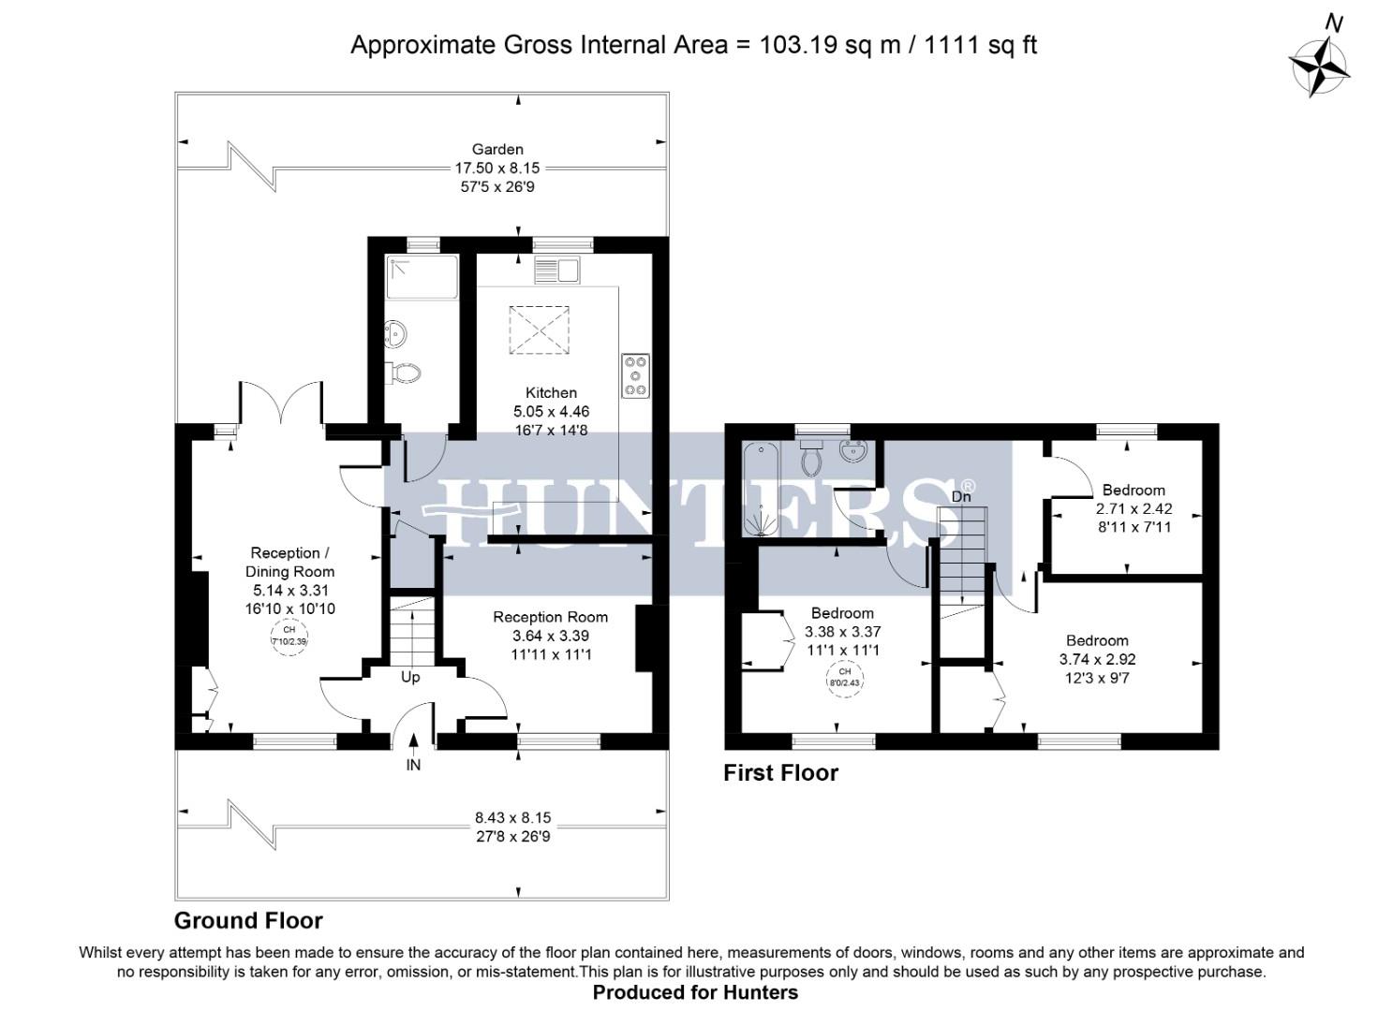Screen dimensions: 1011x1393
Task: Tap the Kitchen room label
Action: [x=551, y=393]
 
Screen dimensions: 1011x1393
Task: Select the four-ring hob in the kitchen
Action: [x=635, y=375]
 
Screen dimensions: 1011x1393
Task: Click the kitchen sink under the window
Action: [x=556, y=271]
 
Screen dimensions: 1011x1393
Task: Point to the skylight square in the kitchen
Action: [x=539, y=330]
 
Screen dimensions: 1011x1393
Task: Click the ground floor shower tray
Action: [x=422, y=276]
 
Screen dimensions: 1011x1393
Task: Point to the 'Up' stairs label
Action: [x=410, y=677]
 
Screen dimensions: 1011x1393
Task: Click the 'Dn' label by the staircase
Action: [x=961, y=496]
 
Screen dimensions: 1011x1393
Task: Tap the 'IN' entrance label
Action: [x=413, y=765]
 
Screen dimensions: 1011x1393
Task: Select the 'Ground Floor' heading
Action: [x=248, y=920]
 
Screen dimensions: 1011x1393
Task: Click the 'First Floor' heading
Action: [x=780, y=772]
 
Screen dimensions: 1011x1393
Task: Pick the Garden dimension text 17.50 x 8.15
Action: [x=497, y=168]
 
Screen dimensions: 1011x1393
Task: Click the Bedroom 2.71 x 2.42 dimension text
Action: [x=1134, y=509]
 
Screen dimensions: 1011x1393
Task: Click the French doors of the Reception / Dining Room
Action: [x=282, y=403]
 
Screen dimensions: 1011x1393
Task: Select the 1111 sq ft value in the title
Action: [x=981, y=45]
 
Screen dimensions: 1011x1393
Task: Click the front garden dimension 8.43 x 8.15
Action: [x=512, y=817]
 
